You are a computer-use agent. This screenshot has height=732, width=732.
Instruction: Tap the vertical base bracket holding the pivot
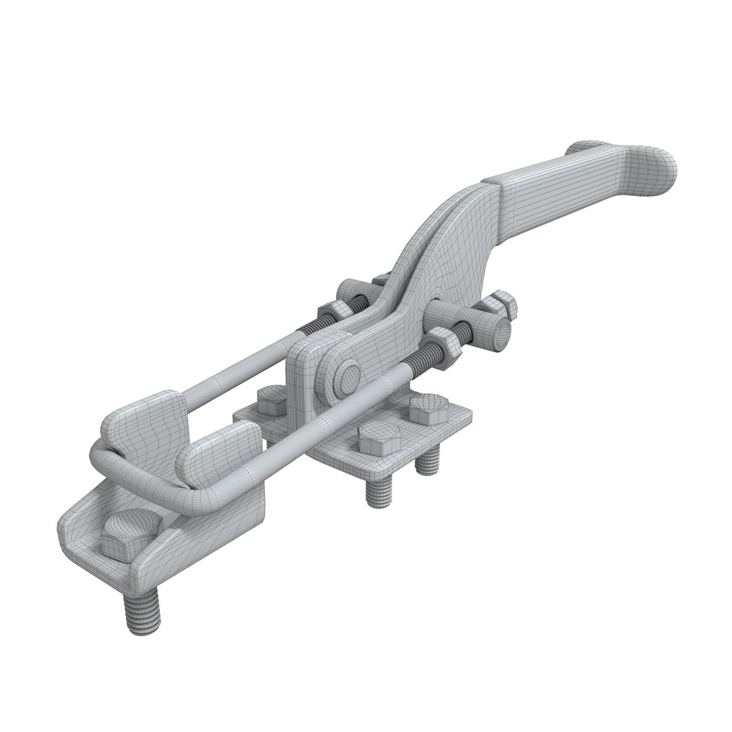(x=308, y=380)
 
